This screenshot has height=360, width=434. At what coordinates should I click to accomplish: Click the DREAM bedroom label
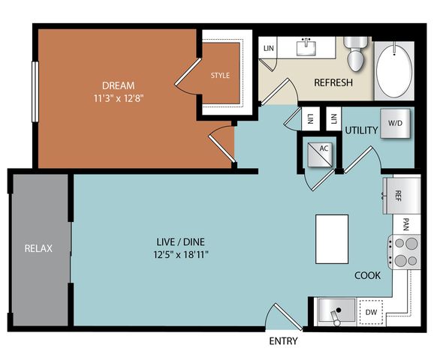pyautogui.click(x=118, y=85)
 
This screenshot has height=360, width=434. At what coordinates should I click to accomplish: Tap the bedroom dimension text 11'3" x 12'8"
pyautogui.click(x=119, y=98)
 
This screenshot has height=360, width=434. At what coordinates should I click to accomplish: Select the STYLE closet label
pyautogui.click(x=220, y=75)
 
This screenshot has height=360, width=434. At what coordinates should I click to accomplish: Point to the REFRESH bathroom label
pyautogui.click(x=333, y=82)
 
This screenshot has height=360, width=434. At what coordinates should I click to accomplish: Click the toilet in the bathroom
pyautogui.click(x=356, y=54)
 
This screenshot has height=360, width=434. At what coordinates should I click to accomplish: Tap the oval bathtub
pyautogui.click(x=394, y=70)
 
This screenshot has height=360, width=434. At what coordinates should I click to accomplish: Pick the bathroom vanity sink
pyautogui.click(x=306, y=47)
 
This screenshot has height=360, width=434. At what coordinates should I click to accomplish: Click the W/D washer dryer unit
pyautogui.click(x=395, y=123)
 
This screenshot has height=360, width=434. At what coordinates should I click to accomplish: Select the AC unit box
pyautogui.click(x=320, y=154)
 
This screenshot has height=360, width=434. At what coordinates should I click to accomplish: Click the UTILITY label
pyautogui.click(x=361, y=130)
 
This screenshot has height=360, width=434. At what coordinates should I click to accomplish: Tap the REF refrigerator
pyautogui.click(x=402, y=196)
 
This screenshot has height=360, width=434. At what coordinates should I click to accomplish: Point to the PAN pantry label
pyautogui.click(x=406, y=224)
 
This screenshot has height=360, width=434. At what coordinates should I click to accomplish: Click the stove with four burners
pyautogui.click(x=405, y=252)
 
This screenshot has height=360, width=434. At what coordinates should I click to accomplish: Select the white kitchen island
pyautogui.click(x=332, y=239)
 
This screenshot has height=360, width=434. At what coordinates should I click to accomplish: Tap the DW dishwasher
pyautogui.click(x=371, y=312)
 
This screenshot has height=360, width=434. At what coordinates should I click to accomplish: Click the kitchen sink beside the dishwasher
pyautogui.click(x=336, y=310)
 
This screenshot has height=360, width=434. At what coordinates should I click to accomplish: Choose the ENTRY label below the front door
pyautogui.click(x=283, y=341)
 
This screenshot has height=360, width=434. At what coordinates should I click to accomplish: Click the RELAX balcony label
pyautogui.click(x=38, y=248)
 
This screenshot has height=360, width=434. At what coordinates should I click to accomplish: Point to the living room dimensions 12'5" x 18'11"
pyautogui.click(x=181, y=254)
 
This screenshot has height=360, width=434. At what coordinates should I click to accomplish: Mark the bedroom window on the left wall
pyautogui.click(x=35, y=91)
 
